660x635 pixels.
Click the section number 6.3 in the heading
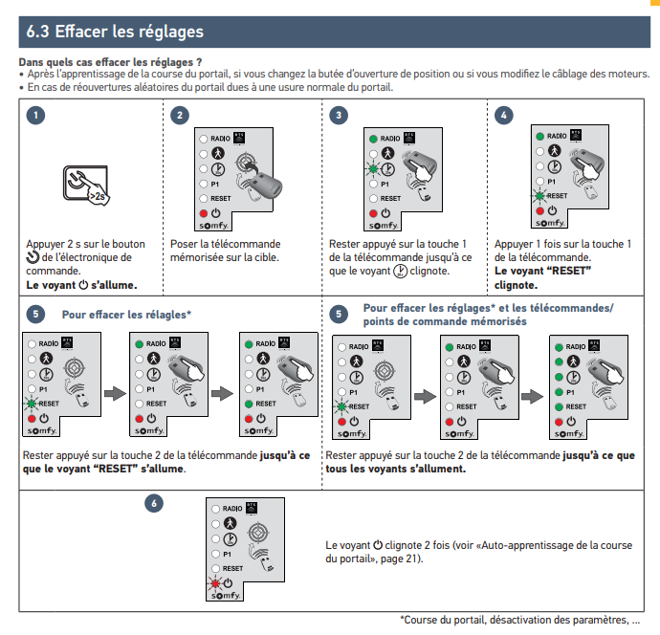(x=38, y=32)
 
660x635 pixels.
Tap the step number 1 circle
(x=34, y=117)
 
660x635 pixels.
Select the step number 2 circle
(x=179, y=117)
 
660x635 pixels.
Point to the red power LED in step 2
(x=203, y=211)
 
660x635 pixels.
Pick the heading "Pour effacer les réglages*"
(x=126, y=314)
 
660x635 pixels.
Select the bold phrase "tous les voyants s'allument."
(x=396, y=469)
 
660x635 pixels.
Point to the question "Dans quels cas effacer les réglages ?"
(x=111, y=62)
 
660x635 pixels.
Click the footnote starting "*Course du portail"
(x=519, y=619)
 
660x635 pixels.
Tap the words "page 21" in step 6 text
(x=393, y=558)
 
